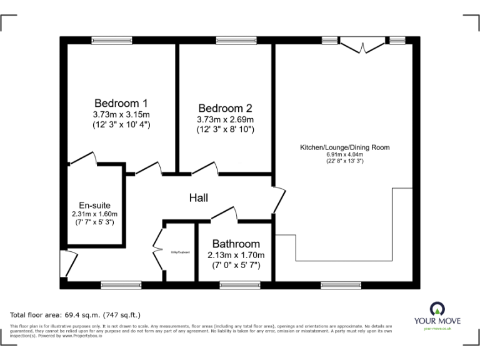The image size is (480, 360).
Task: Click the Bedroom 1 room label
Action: click(x=121, y=103)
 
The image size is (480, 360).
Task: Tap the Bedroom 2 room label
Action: click(x=225, y=108)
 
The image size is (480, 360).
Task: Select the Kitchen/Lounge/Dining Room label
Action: click(x=345, y=147)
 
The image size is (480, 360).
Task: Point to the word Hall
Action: click(x=199, y=198)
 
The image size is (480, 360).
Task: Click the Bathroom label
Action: click(x=236, y=244)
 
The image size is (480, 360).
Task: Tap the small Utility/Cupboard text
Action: click(x=180, y=252)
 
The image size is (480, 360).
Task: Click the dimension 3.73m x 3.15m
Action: click(x=121, y=114)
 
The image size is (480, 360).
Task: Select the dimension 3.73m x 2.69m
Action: click(x=225, y=119)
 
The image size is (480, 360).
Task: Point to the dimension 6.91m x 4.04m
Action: click(x=345, y=154)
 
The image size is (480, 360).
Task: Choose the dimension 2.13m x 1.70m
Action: click(x=236, y=255)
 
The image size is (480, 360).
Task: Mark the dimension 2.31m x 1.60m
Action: click(x=94, y=213)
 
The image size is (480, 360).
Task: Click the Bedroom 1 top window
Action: click(x=111, y=41)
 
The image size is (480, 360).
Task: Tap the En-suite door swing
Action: click(x=82, y=161)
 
